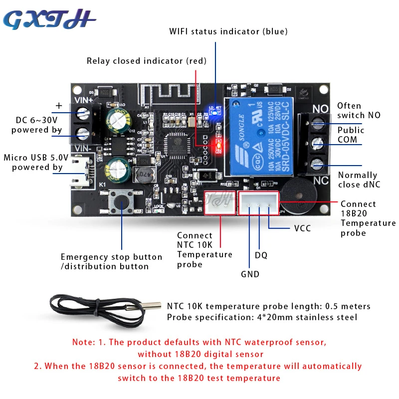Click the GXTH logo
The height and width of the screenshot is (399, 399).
click(49, 20)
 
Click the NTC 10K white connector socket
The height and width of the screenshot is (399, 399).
click(218, 202)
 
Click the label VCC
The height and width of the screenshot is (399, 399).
click(302, 228)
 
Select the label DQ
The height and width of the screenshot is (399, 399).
click(261, 255)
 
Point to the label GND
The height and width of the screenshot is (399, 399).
click(250, 274)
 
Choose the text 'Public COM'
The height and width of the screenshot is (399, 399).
click(351, 135)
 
